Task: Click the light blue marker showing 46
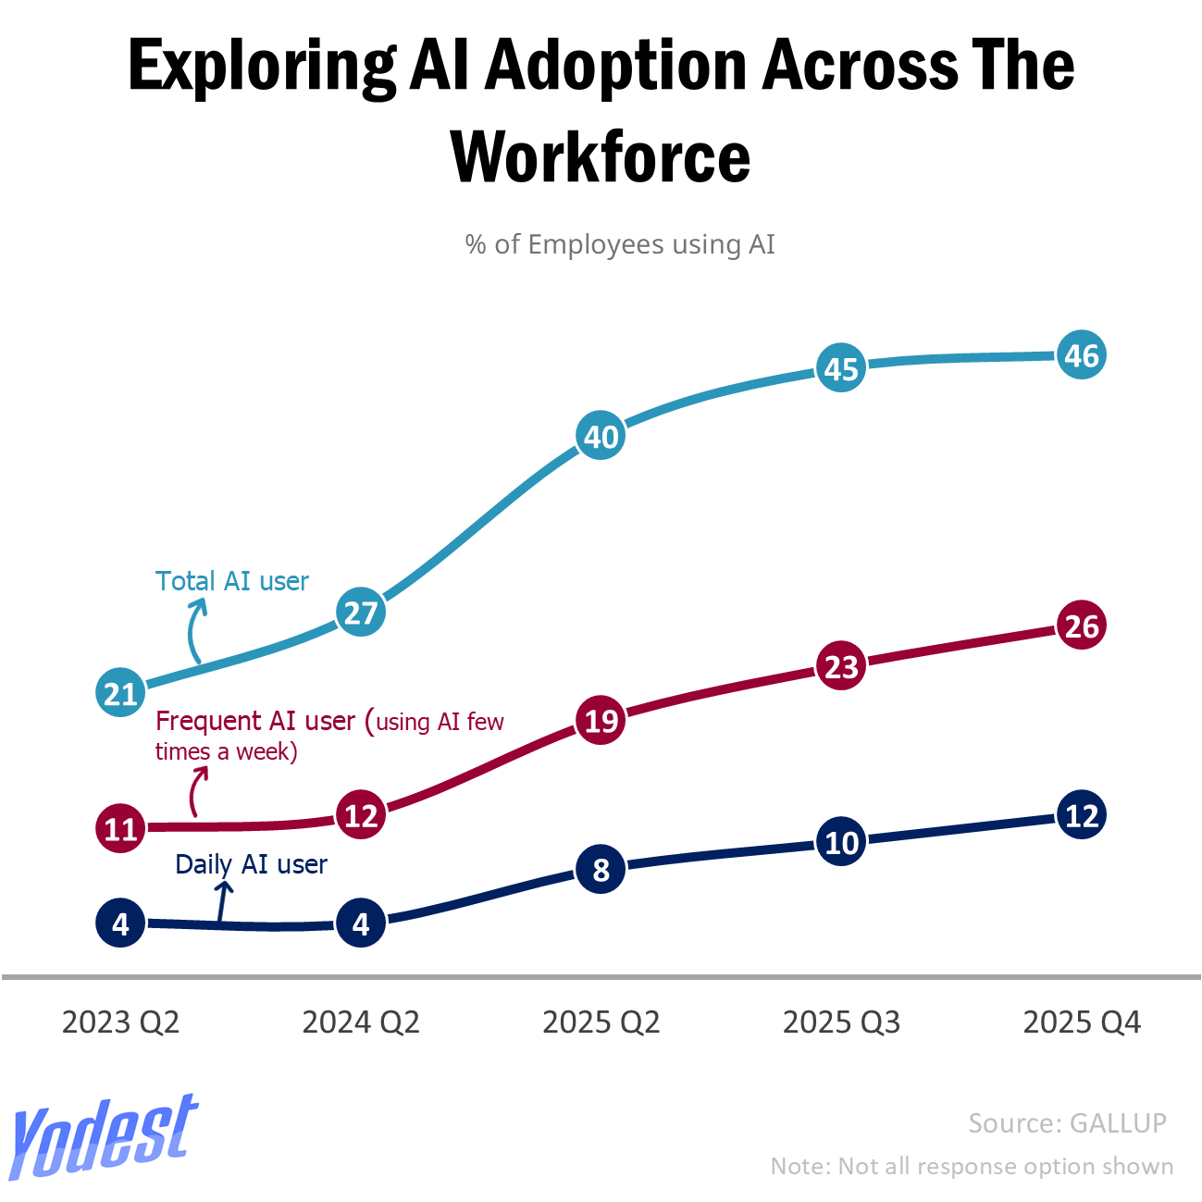click(1081, 355)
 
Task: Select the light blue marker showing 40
click(601, 436)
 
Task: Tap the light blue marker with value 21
click(120, 693)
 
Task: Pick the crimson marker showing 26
click(1081, 626)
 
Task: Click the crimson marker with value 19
click(601, 720)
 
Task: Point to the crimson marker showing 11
click(120, 828)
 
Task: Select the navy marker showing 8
click(601, 870)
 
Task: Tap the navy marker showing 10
click(841, 843)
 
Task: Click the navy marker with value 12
click(1081, 815)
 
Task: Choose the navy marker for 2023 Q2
click(120, 923)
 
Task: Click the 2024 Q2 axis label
click(361, 1022)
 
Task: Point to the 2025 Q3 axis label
click(841, 1022)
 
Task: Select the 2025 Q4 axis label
click(1081, 1022)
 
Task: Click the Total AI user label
click(231, 581)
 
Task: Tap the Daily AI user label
click(251, 864)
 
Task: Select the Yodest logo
click(104, 1137)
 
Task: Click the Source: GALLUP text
click(1067, 1123)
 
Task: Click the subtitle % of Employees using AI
click(620, 244)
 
